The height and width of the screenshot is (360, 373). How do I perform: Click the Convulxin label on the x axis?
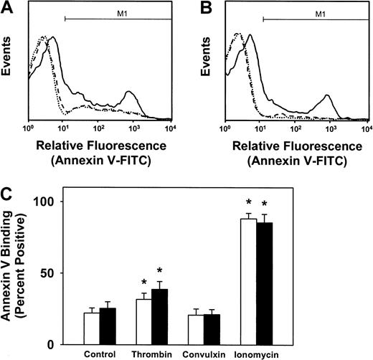(x=202, y=354)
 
